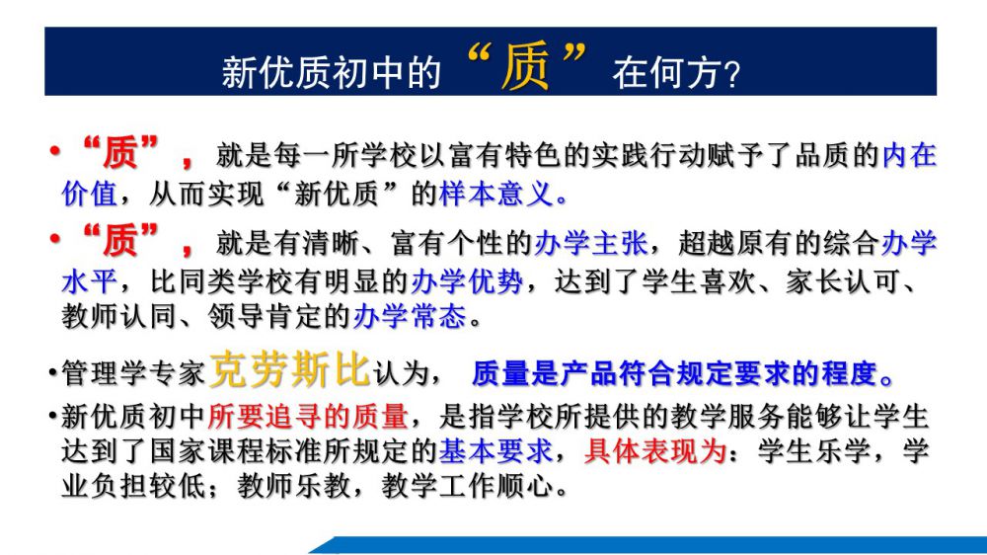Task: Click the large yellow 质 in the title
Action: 524,66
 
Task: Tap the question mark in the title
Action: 731,74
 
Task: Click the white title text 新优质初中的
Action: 331,72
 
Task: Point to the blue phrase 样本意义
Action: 496,194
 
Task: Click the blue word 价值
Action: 90,194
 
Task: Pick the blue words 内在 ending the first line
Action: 909,156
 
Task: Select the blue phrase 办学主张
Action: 590,243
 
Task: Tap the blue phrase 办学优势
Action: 467,281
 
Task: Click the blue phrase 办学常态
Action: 410,316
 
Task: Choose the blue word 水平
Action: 90,281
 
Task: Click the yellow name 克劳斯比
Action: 289,369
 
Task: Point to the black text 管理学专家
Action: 133,373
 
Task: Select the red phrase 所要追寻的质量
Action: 307,417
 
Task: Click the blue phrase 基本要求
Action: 495,451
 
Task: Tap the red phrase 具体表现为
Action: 655,451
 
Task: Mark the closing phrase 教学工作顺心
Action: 468,486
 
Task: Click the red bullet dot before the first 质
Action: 55,151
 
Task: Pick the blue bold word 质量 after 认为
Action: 500,373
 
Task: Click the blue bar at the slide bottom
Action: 648,545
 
